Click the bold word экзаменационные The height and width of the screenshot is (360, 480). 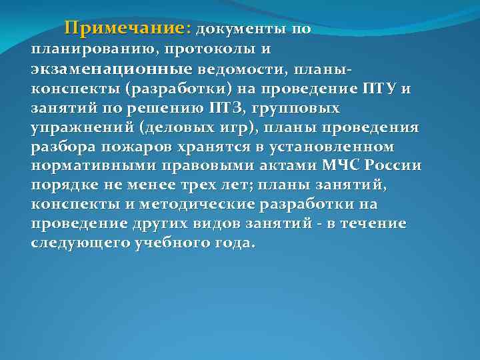coord(111,69)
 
